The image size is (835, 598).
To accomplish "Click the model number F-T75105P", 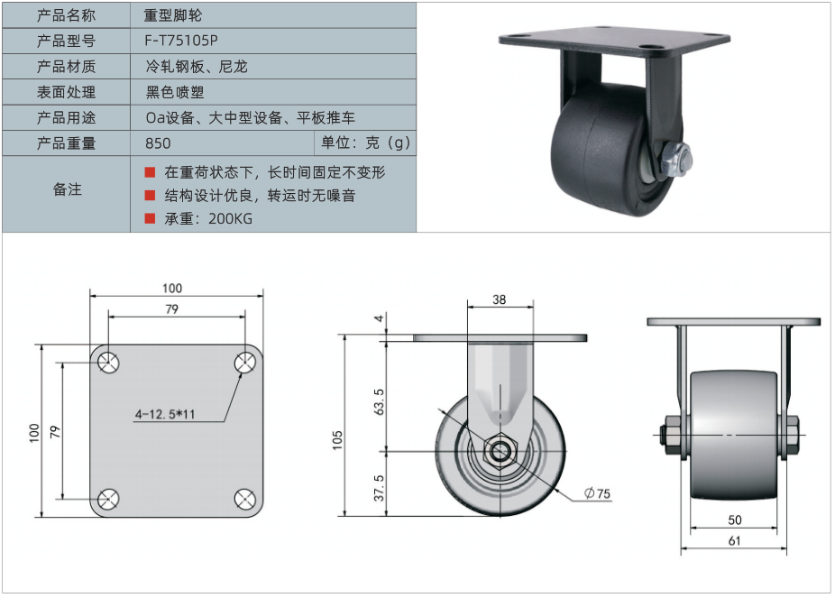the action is point(181,41).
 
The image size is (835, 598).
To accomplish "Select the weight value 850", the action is point(158,143).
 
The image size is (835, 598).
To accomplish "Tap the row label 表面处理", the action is point(66,92).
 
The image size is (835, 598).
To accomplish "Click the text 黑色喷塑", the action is point(175,92).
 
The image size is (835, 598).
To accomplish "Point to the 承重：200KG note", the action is point(208,219).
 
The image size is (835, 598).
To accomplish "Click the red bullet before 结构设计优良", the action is point(150,196).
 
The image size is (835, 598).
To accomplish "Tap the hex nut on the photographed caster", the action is point(675,160).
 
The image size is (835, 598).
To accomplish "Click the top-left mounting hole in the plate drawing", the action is point(108,363).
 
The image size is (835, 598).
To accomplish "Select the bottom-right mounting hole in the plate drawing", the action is point(245,499).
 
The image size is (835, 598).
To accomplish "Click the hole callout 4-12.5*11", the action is point(165,414).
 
